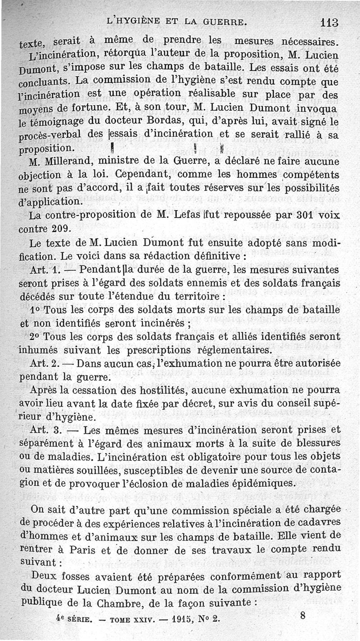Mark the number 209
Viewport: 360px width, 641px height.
point(63,228)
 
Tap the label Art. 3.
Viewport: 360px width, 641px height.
point(45,430)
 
